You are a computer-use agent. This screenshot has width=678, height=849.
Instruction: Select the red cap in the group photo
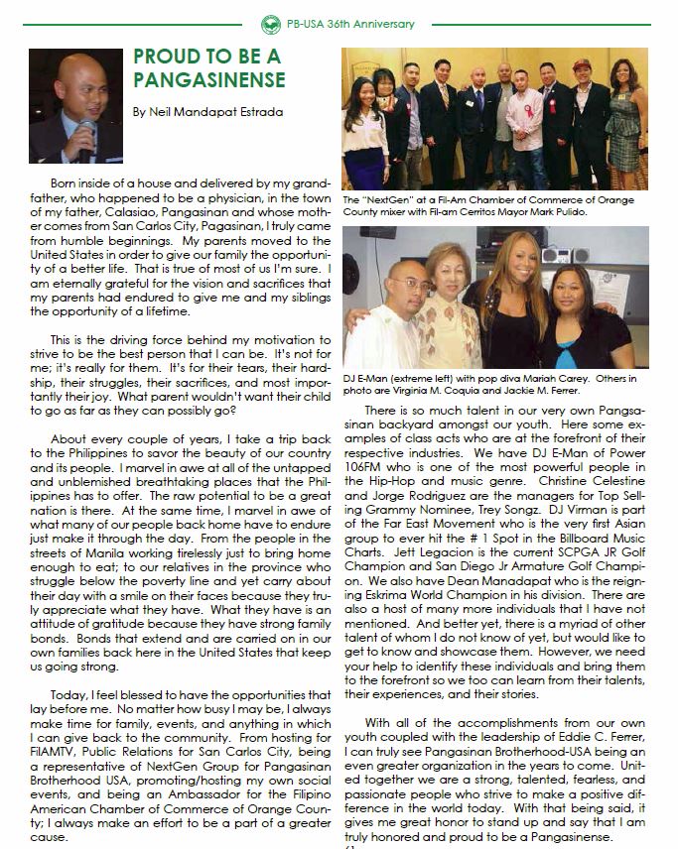pos(597,61)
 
